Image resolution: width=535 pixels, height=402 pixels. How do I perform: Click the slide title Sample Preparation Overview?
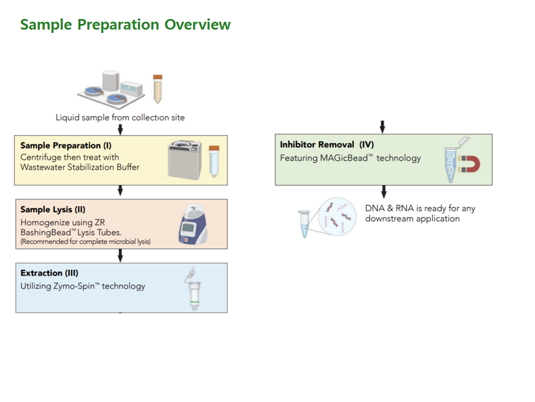point(125,25)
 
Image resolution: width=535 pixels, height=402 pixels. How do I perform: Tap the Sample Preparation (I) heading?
point(66,146)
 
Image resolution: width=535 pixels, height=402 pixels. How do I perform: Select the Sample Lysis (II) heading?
point(53,209)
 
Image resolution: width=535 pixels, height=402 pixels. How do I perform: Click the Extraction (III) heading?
point(50,273)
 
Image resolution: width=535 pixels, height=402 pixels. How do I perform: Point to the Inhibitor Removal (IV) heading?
point(327,145)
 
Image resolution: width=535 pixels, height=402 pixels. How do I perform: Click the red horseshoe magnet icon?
point(472,164)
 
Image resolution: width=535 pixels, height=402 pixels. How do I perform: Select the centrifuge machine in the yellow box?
point(184,160)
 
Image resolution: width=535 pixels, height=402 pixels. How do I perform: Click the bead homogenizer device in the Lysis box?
point(193,224)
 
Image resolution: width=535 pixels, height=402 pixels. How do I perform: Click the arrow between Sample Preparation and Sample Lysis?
point(120,190)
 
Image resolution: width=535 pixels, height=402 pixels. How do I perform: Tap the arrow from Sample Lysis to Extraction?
point(120,255)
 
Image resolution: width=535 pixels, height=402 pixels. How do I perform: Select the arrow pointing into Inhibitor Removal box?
point(382,127)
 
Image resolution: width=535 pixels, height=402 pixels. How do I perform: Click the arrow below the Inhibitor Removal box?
point(384,192)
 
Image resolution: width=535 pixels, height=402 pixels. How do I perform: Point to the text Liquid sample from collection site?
point(120,118)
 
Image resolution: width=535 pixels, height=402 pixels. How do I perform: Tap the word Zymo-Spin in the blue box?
point(74,286)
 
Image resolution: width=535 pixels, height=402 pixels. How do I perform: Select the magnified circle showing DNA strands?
point(337,216)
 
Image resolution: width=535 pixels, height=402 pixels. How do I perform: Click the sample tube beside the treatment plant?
point(158,89)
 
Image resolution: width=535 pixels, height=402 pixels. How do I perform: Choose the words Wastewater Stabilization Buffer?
point(80,167)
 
